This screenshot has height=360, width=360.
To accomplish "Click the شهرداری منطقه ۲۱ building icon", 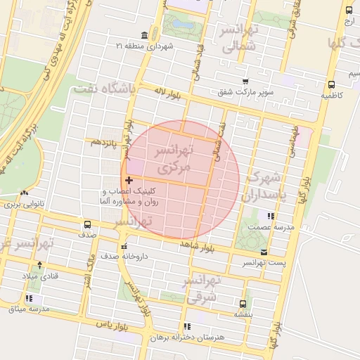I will pyautogui.click(x=144, y=36).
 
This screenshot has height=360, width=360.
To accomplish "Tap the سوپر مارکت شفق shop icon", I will pyautogui.click(x=245, y=82).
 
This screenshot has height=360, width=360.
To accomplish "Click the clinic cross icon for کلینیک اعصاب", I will pyautogui.click(x=128, y=181).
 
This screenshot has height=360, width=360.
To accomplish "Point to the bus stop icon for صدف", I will pyautogui.click(x=87, y=225).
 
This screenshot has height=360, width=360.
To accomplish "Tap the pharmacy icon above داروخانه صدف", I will pyautogui.click(x=124, y=247).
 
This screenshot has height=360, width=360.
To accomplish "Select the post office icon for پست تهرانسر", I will pyautogui.click(x=264, y=252).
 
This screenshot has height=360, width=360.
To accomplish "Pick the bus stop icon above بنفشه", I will pyautogui.click(x=243, y=304).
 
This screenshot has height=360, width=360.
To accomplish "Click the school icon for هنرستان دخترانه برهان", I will pyautogui.click(x=186, y=326).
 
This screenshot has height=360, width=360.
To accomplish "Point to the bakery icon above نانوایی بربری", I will pyautogui.click(x=25, y=193).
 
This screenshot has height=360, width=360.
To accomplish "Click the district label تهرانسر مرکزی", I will pyautogui.click(x=173, y=160).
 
